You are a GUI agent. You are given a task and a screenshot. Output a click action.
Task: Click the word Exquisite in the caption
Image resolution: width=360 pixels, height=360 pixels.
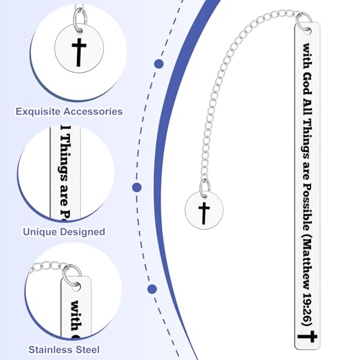38,112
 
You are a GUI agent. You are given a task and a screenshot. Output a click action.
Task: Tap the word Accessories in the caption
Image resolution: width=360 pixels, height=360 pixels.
93,112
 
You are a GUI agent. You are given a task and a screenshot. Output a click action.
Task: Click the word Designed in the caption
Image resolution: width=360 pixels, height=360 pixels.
83,232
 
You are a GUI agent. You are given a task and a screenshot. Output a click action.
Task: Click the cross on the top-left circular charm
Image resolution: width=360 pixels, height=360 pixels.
79,52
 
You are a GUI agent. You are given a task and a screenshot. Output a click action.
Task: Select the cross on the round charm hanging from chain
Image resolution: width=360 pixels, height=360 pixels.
204,213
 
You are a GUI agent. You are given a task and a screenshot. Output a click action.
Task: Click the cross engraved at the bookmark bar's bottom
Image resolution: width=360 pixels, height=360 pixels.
307,336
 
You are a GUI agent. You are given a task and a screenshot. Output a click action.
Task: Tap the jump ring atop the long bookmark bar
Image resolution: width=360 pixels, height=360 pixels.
305,22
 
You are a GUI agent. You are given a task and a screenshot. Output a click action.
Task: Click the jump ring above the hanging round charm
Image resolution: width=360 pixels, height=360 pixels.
204,189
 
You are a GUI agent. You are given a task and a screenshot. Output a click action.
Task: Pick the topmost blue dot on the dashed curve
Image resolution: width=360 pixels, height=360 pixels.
159,64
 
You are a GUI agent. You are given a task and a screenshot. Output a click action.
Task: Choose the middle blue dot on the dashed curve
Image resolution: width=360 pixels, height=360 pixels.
137,187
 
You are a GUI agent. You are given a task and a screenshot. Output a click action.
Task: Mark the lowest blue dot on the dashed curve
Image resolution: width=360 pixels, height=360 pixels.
152,289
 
